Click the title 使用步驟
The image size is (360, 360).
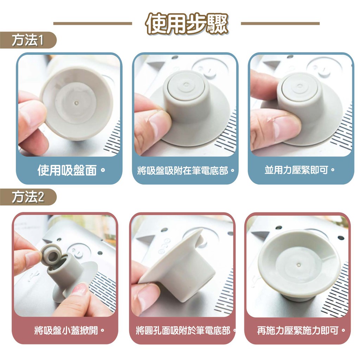(187, 24)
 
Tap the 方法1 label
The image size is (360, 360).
(28, 40)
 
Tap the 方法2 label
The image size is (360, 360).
(28, 197)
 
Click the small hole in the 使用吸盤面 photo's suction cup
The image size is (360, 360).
(77, 103)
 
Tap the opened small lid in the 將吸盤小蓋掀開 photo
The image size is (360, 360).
(52, 255)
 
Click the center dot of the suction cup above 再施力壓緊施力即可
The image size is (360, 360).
(298, 265)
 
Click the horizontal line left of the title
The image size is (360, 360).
(93, 24)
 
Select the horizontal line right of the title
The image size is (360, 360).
(280, 24)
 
